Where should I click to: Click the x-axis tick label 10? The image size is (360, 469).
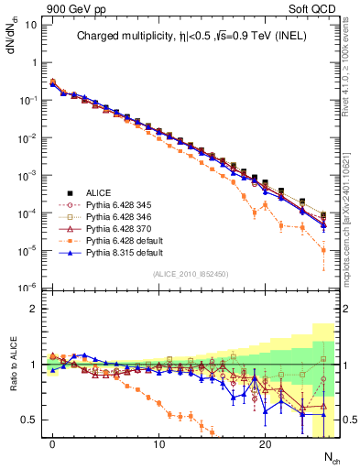tap(158, 445)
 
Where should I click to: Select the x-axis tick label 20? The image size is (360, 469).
tap(265, 445)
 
